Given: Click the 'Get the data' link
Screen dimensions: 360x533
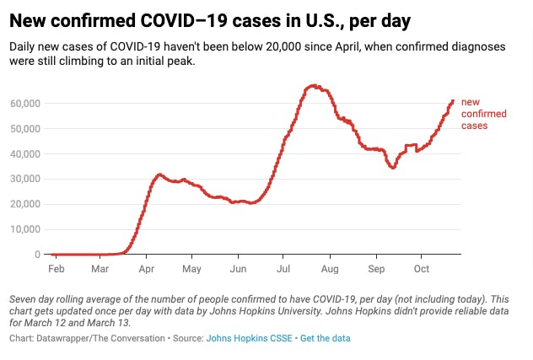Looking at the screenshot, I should click(325, 338).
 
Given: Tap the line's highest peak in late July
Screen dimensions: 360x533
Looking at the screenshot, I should click(313, 85).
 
